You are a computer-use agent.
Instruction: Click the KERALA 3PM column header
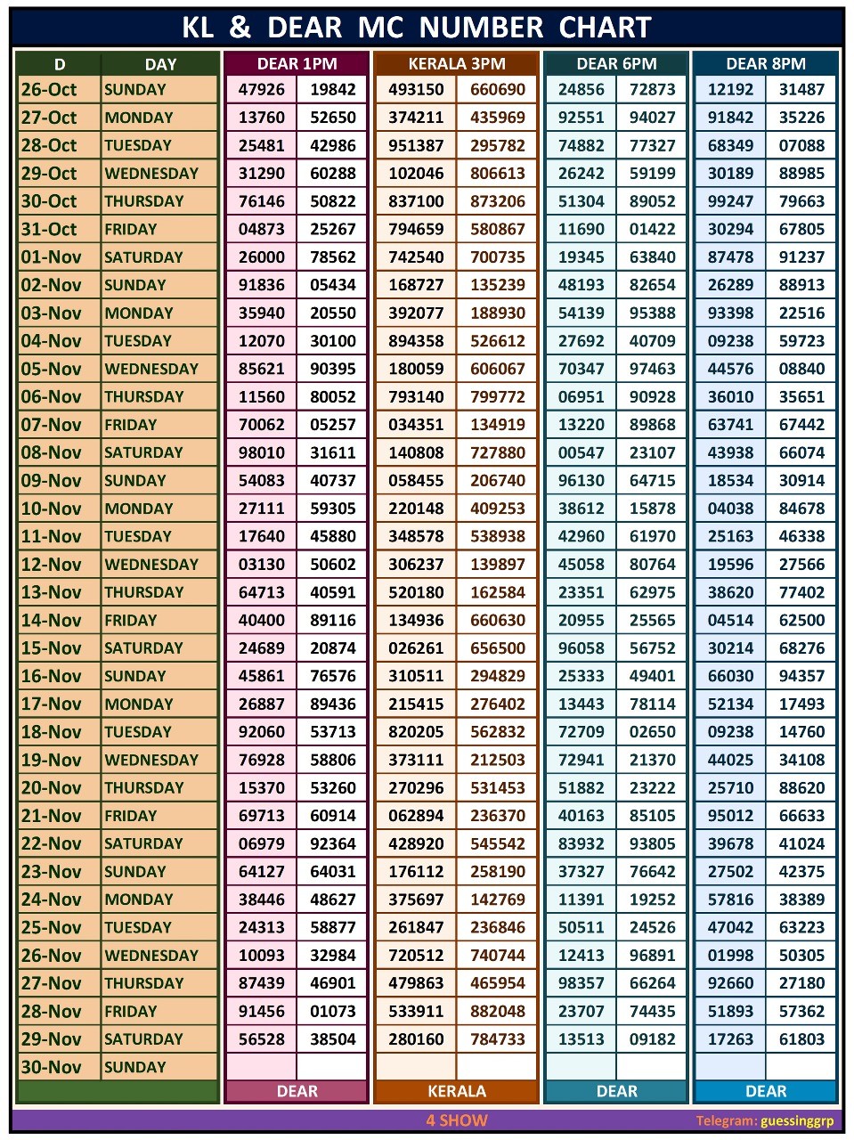pos(456,64)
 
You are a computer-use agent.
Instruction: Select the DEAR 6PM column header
pos(616,64)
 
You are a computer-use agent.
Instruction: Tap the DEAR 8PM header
pos(766,64)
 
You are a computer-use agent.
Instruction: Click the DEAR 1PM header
pos(297,64)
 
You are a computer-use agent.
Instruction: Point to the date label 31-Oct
pos(49,229)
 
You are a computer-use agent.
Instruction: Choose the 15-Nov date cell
pos(51,648)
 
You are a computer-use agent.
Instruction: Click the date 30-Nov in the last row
pos(51,1067)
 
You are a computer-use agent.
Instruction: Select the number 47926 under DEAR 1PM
pos(262,89)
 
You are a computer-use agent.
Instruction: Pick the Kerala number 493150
pos(416,89)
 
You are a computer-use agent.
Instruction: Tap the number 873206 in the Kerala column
pos(498,201)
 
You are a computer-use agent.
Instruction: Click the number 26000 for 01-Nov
pos(262,257)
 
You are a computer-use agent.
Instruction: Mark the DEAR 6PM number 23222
pos(653,788)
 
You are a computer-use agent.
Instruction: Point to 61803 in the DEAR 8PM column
pos(801,1039)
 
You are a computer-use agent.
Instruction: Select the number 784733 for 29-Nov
pos(498,1039)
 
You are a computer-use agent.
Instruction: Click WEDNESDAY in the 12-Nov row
pos(151,565)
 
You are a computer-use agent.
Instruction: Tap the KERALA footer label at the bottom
pos(457,1091)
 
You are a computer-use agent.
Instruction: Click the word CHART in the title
pos(605,28)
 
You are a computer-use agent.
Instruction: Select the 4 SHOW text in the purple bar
pos(457,1120)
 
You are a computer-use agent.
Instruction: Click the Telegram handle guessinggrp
pos(797,1121)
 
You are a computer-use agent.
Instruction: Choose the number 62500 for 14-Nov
pos(801,621)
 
